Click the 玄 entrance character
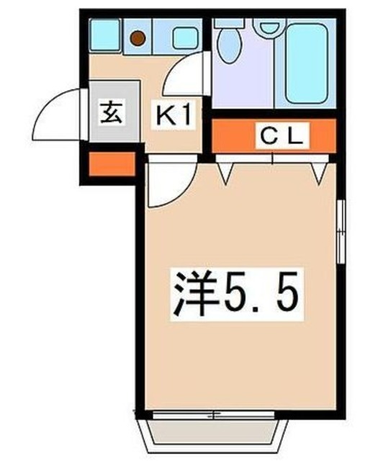[x=111, y=113]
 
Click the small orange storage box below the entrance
[x=111, y=164]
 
